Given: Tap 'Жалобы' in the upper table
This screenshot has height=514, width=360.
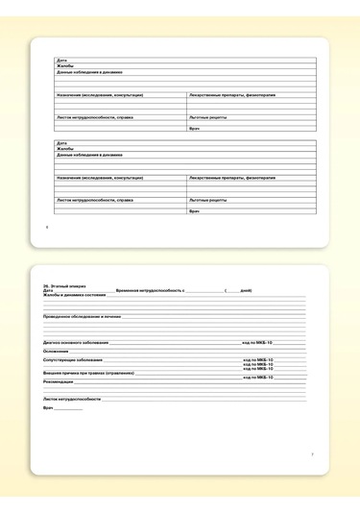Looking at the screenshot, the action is click(x=65, y=66).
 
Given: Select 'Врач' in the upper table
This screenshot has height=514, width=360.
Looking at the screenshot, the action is click(x=194, y=129).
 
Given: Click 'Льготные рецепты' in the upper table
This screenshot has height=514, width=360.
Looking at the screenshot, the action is click(x=208, y=117).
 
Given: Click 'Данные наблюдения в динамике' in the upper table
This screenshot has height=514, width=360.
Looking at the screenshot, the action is click(x=89, y=72).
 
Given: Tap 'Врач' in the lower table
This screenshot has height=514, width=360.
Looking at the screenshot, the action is click(x=194, y=211).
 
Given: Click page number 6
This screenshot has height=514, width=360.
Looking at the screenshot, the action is click(x=47, y=228).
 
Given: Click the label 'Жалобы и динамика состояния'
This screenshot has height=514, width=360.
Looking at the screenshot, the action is click(x=74, y=295).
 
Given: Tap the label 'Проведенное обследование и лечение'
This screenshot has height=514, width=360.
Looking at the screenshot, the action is click(x=82, y=315).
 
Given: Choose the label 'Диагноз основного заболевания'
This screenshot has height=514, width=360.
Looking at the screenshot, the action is click(x=76, y=342).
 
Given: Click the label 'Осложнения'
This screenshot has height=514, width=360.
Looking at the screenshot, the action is click(x=56, y=351).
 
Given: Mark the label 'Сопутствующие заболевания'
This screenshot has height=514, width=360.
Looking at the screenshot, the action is click(x=73, y=359).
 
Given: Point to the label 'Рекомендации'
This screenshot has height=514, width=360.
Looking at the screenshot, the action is click(x=60, y=380).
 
